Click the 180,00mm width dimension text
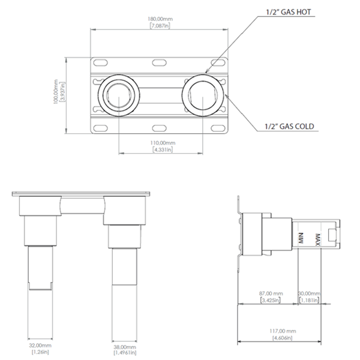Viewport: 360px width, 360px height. pyautogui.click(x=161, y=17)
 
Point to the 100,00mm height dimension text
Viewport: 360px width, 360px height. pyautogui.click(x=55, y=92)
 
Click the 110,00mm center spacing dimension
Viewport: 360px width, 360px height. pyautogui.click(x=161, y=142)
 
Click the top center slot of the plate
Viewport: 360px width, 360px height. pyautogui.click(x=160, y=62)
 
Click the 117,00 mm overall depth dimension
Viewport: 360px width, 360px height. pyautogui.click(x=280, y=331)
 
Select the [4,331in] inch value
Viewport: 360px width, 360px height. pyautogui.click(x=161, y=149)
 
